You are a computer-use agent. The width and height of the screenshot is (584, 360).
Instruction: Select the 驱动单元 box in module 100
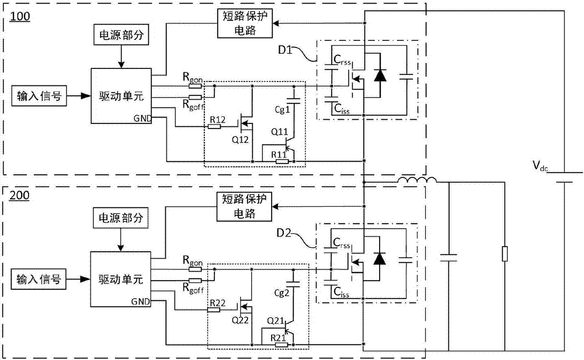click(120, 95)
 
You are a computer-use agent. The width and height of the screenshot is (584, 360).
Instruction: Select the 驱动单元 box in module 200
click(120, 278)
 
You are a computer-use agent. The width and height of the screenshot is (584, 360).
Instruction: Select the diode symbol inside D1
click(381, 75)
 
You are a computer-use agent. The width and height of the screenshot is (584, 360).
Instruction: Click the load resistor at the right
click(504, 255)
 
